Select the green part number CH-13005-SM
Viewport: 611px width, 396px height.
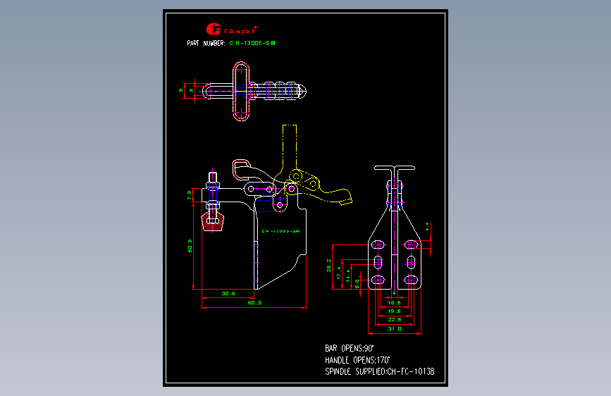(252, 43)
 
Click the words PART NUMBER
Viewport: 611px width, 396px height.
(206, 43)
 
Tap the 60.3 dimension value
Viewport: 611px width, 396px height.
(254, 302)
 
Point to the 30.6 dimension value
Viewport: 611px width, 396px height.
(228, 293)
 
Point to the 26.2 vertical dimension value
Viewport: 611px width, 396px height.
(329, 265)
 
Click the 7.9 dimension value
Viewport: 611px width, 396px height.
(189, 195)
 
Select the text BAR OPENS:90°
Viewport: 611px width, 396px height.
(350, 348)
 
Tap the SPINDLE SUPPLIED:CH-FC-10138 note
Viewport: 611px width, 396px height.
(379, 371)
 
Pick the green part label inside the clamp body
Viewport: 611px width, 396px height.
(280, 231)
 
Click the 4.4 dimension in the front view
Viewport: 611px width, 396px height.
(428, 226)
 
